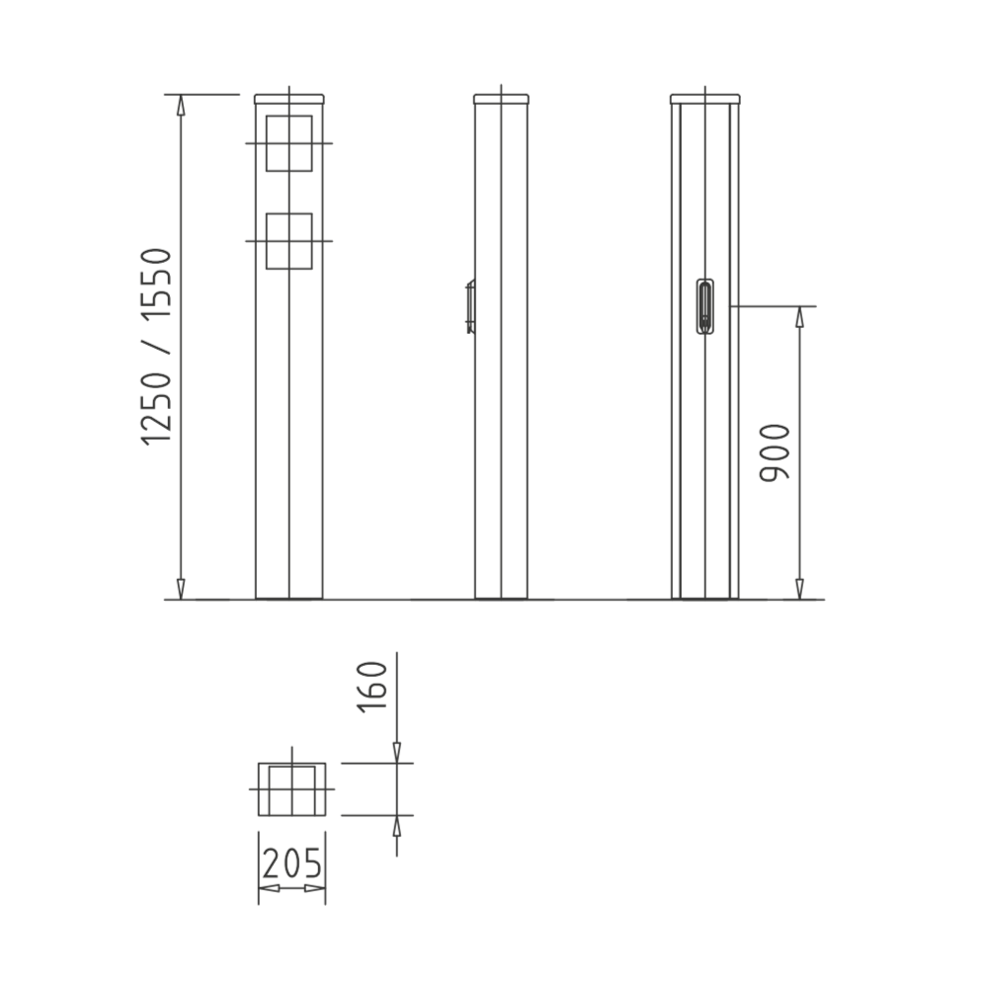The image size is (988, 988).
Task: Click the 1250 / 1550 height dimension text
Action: pyautogui.click(x=157, y=347)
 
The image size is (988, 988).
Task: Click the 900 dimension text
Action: pyautogui.click(x=777, y=453)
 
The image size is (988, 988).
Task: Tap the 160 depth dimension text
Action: pyautogui.click(x=372, y=685)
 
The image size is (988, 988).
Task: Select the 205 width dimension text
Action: pyautogui.click(x=291, y=864)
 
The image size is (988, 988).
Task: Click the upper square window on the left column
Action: pyautogui.click(x=288, y=143)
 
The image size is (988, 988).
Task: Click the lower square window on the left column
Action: pyautogui.click(x=288, y=241)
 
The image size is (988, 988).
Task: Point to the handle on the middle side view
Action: pyautogui.click(x=470, y=307)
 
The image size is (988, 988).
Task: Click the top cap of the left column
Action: pyautogui.click(x=288, y=99)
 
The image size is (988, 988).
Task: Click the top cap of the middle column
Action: pyautogui.click(x=501, y=99)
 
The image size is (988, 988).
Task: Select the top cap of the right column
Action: pyautogui.click(x=704, y=99)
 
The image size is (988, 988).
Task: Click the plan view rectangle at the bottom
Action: pyautogui.click(x=291, y=789)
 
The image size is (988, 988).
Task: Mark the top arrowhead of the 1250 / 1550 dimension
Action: pyautogui.click(x=181, y=105)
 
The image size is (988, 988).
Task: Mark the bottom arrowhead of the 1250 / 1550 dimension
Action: pyautogui.click(x=181, y=589)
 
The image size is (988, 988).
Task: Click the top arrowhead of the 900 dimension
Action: pyautogui.click(x=799, y=317)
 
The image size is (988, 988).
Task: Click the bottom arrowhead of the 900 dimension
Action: pyautogui.click(x=799, y=589)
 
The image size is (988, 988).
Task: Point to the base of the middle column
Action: pyautogui.click(x=501, y=597)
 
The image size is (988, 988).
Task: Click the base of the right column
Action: pyautogui.click(x=704, y=597)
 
